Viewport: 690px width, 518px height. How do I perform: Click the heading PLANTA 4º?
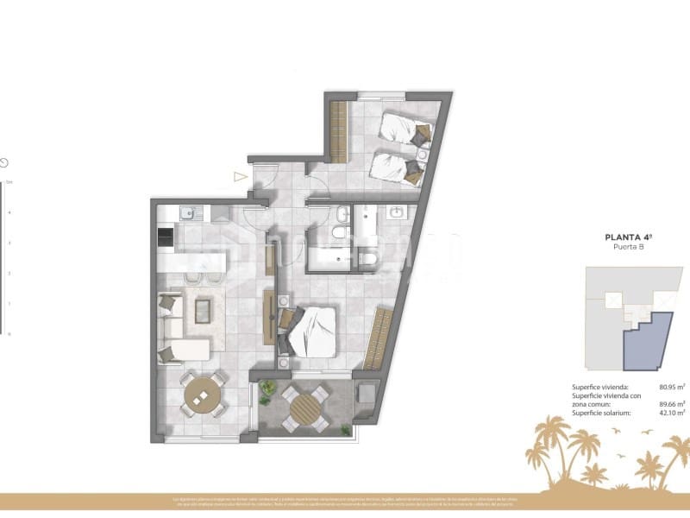coord(626,235)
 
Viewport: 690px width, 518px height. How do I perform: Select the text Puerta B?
coord(626,246)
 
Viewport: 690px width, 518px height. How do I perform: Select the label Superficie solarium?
coord(601,414)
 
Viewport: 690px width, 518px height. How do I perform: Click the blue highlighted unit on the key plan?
coord(648,343)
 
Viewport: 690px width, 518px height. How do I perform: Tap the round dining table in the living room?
coord(203,396)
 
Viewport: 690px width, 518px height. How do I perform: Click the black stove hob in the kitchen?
coord(164,235)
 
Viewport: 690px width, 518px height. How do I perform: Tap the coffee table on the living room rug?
coord(204,310)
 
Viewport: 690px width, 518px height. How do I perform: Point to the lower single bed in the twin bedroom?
coord(397,167)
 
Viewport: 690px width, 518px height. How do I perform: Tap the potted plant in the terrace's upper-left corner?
coord(268,388)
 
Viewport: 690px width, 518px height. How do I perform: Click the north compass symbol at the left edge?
coord(4,162)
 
